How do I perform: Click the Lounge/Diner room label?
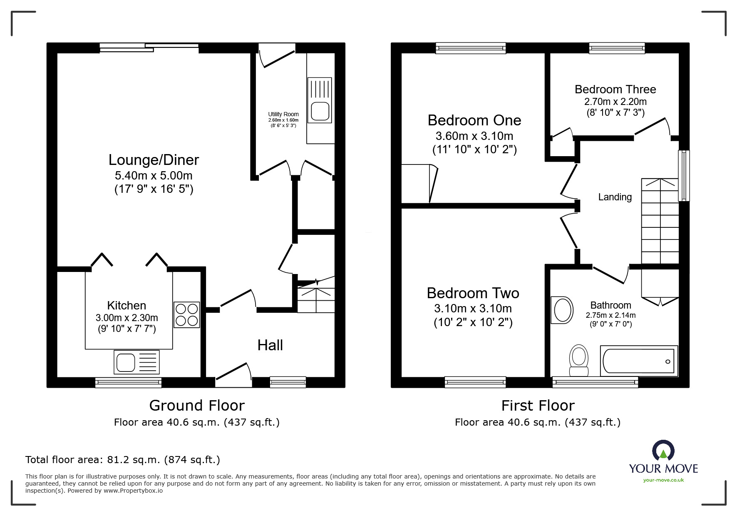(x=154, y=160)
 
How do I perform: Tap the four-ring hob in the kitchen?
(x=186, y=315)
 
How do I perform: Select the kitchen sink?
(x=136, y=362)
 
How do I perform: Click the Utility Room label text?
(x=283, y=114)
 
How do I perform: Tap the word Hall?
(x=270, y=345)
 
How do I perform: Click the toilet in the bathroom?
(x=578, y=361)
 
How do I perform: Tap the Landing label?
(x=615, y=197)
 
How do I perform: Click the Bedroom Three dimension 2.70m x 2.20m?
(x=615, y=102)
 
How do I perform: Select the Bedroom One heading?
(x=474, y=120)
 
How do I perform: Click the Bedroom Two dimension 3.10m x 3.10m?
(x=473, y=309)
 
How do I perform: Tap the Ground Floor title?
(x=197, y=405)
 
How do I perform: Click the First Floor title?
(x=538, y=405)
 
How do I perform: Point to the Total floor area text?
(x=123, y=460)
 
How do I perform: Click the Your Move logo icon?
(x=663, y=451)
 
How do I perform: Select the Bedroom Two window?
(x=475, y=382)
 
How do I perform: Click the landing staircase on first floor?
(x=660, y=221)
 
